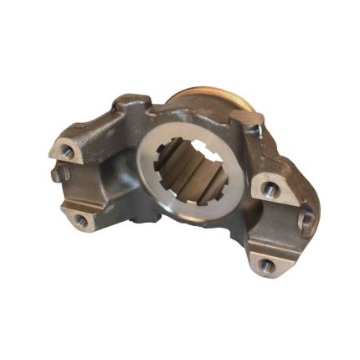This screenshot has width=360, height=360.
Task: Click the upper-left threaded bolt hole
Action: click(65, 153)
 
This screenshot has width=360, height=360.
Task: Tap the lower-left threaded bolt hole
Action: click(80, 220)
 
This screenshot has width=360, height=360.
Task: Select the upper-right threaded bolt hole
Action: click(269, 191)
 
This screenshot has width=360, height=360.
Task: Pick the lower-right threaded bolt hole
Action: click(265, 266)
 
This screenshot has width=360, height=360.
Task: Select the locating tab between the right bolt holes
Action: click(305, 222)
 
